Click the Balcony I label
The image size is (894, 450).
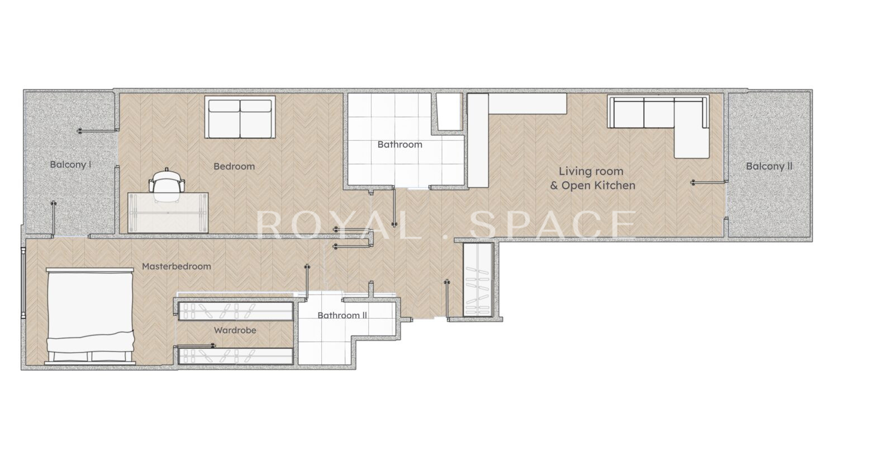coord(70,164)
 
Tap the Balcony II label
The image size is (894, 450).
coord(769,166)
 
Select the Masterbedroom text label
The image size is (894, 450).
coord(177,266)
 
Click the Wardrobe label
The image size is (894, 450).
coord(235,330)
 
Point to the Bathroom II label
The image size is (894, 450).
coord(342,315)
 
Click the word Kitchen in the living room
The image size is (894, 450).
coord(615,185)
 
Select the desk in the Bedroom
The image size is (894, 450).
coord(168,212)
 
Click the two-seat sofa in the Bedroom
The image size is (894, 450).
coord(240,117)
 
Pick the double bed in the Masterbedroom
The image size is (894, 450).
coord(90,316)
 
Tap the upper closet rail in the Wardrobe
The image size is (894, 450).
coord(235,311)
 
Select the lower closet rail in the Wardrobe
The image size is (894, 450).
coord(235,356)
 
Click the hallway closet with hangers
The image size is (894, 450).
coord(478,280)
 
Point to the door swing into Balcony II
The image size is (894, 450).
coord(709,182)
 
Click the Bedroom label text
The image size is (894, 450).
coord(234,167)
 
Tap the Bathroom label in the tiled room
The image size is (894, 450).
coord(400,145)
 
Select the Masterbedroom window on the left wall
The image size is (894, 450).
coord(23,283)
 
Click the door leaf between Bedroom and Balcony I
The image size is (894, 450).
coord(98,131)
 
